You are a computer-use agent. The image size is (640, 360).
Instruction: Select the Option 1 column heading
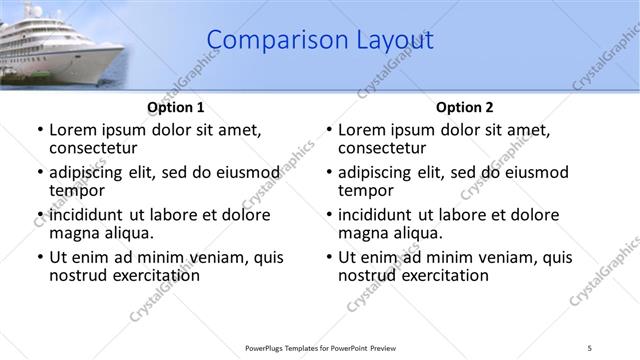coord(176,106)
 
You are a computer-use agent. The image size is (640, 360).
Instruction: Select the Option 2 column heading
coord(464,106)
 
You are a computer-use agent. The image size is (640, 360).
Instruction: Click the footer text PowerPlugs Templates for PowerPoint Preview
coord(320,347)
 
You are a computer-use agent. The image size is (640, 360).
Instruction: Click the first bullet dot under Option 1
coord(40,130)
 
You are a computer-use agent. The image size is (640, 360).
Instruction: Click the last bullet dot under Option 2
coord(329,257)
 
